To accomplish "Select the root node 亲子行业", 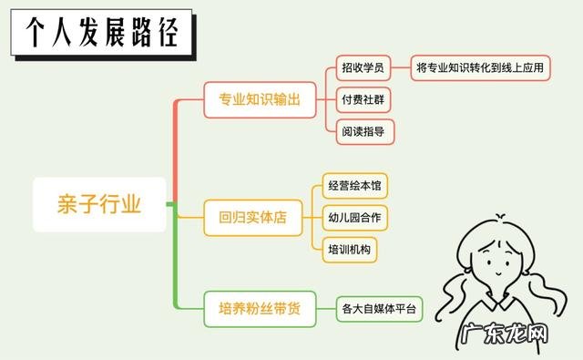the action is [x=100, y=204].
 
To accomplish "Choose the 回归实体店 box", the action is [x=252, y=219].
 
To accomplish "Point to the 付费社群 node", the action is [x=362, y=98].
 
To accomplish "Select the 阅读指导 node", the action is [x=362, y=130].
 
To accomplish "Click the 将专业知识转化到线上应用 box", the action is [x=480, y=67].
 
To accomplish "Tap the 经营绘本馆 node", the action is [x=355, y=187].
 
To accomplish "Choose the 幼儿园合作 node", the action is [x=355, y=218].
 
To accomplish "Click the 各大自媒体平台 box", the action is [x=379, y=308].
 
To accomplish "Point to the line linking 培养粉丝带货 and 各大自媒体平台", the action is [x=324, y=308].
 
